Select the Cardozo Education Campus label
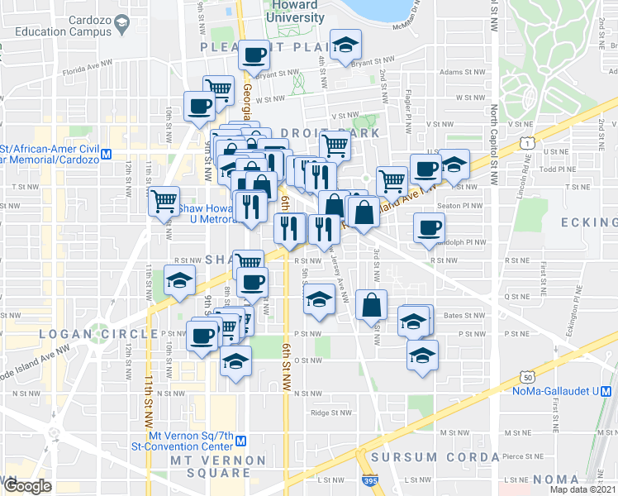[63, 25]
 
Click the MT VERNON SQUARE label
[217, 466]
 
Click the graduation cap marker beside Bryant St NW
[345, 45]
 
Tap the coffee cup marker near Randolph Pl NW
[428, 227]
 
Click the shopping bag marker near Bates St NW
[371, 304]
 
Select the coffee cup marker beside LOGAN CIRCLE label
[202, 335]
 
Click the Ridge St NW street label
[330, 413]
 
